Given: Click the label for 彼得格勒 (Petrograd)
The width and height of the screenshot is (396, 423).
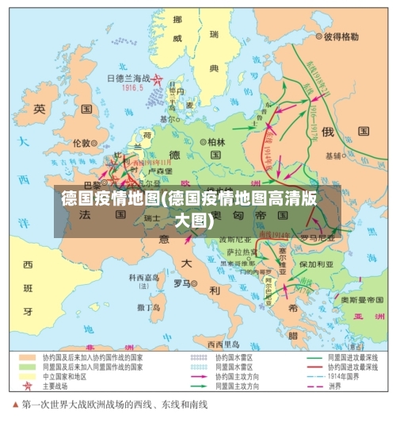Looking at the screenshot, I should (x=341, y=37).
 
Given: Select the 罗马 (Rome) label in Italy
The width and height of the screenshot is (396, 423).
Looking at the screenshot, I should (x=181, y=282).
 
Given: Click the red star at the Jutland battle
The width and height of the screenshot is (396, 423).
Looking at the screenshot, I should (x=158, y=79).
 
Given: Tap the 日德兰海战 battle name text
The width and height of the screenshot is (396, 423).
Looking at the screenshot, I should (x=128, y=79).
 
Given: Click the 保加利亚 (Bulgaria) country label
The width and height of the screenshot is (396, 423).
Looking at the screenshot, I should (x=314, y=263).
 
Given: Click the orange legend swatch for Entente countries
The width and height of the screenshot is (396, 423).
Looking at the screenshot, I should (x=29, y=357).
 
